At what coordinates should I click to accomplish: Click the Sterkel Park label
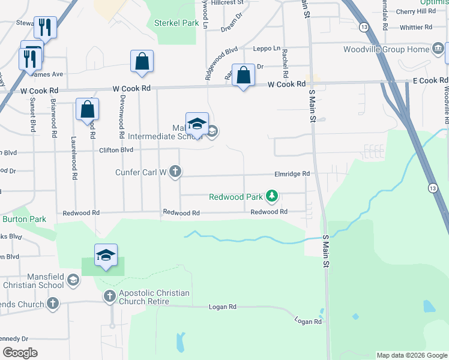[x=176, y=23]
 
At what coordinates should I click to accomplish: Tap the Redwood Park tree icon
[x=273, y=196]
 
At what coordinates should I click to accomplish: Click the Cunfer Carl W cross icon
[x=175, y=172]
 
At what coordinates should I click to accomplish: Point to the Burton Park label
[x=24, y=219]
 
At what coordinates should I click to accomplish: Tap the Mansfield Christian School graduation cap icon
[x=73, y=280]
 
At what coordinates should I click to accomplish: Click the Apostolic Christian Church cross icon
[x=110, y=295]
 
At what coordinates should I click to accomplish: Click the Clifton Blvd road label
[x=116, y=150]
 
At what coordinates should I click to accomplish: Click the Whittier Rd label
[x=415, y=27]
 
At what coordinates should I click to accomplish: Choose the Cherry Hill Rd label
[x=420, y=11]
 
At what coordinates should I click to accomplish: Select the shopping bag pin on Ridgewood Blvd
[x=243, y=76]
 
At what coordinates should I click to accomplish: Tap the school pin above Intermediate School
[x=197, y=124]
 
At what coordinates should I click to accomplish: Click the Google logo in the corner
[x=20, y=353]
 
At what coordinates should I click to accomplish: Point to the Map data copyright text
[x=412, y=355]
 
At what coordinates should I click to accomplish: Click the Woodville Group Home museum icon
[x=438, y=49]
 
